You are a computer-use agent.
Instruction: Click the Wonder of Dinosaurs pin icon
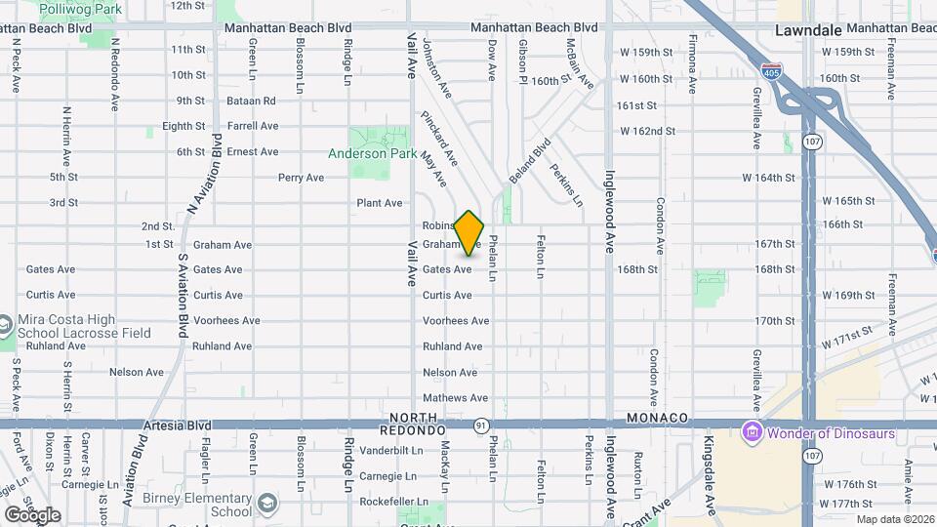753,430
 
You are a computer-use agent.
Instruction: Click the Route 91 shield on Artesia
481,426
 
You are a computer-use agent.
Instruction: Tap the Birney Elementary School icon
266,505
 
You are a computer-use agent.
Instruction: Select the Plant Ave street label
380,203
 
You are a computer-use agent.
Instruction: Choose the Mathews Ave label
456,397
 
